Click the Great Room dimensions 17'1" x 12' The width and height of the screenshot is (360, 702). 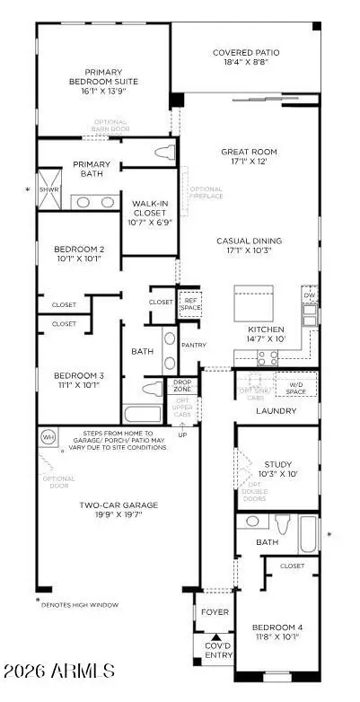[x=247, y=163]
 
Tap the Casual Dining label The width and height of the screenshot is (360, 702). [x=249, y=241]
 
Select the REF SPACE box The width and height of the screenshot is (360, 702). [x=189, y=303]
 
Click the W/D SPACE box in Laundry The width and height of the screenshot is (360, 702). [x=295, y=388]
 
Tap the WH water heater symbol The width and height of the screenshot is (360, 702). [x=48, y=437]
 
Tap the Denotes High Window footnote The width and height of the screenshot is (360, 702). [x=80, y=604]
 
